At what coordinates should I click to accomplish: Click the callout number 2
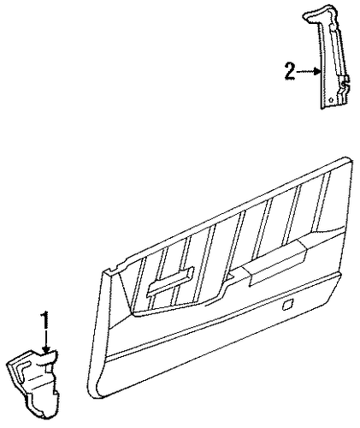[x=289, y=72]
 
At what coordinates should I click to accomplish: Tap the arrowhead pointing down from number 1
[x=45, y=350]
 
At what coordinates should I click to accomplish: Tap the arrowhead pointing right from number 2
[x=317, y=71]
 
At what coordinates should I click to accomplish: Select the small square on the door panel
[x=286, y=305]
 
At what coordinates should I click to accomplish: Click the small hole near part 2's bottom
[x=331, y=100]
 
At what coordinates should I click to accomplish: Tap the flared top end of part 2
[x=319, y=14]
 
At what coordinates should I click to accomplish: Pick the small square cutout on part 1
[x=49, y=369]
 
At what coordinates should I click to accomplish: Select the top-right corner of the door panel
[x=350, y=158]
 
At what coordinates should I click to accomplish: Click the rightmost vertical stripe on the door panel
[x=322, y=202]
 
